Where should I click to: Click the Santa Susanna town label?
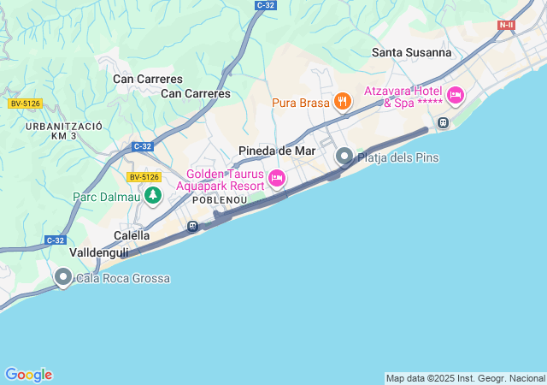[x=411, y=52]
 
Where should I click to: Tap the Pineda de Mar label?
[x=276, y=151]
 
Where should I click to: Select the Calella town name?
[x=132, y=235]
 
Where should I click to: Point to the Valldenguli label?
[x=99, y=253]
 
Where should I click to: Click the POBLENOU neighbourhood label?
[x=220, y=199]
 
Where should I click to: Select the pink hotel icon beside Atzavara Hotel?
[x=455, y=95]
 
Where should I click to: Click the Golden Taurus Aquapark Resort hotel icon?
[x=276, y=178]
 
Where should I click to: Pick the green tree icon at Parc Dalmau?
[x=153, y=196]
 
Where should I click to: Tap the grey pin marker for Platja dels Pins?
[x=344, y=157]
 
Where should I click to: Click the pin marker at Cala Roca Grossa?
[x=63, y=277]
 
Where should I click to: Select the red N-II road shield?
[x=506, y=26]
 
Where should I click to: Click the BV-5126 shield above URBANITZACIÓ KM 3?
[x=25, y=104]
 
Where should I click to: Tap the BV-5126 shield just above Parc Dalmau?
[x=144, y=177]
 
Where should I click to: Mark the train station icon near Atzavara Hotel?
[x=443, y=122]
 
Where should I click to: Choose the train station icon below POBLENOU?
[x=193, y=227]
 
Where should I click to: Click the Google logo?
[x=28, y=375]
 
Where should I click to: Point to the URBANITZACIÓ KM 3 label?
[x=64, y=131]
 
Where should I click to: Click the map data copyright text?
[x=464, y=378]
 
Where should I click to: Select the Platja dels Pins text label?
[x=392, y=157]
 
